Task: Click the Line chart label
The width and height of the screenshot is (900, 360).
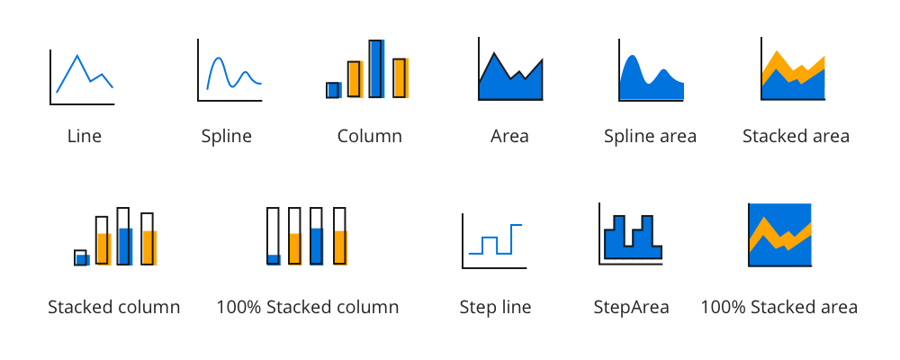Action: point(85,137)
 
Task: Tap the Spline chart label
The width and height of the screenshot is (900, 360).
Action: point(226,137)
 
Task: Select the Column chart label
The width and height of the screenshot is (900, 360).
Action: point(369,137)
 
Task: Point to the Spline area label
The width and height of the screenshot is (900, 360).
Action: point(650,137)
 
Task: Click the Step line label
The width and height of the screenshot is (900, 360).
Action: point(494,307)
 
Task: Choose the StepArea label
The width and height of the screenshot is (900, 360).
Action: point(631,307)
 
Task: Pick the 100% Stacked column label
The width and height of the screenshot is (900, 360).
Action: point(307,307)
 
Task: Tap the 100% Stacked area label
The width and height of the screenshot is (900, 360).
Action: point(778,307)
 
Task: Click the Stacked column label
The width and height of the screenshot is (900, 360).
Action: point(114,307)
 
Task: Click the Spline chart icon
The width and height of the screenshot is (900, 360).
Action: point(230,74)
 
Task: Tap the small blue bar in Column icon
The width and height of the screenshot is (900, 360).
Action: point(333,89)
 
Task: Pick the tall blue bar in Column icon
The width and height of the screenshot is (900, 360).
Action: point(377,68)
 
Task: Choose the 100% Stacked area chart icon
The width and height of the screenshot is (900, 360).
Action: point(780,235)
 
